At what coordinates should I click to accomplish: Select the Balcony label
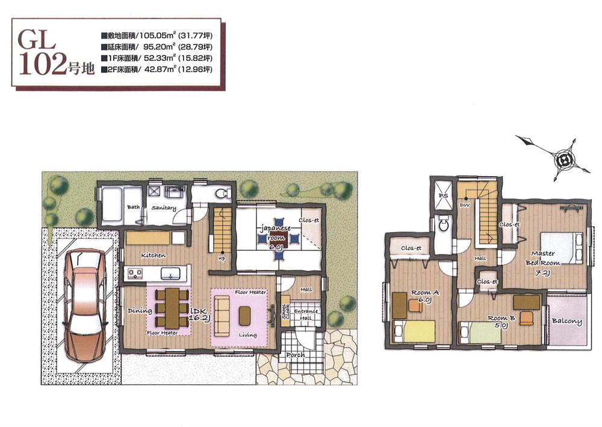[x=566, y=321]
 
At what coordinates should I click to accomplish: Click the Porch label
[x=296, y=355]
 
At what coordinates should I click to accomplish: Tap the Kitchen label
[x=154, y=255]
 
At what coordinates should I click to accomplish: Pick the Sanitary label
[x=164, y=208]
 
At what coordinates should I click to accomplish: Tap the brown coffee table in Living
[x=244, y=315]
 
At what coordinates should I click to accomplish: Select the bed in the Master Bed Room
[x=560, y=247]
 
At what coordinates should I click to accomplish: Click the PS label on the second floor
[x=443, y=197]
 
